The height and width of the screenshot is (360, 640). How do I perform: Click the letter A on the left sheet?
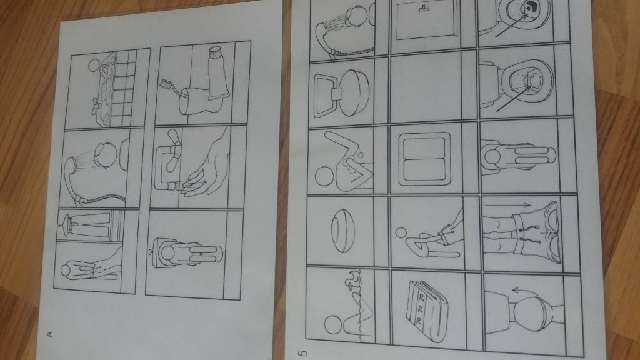(x=50, y=334)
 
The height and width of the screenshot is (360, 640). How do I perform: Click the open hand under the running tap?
(x=207, y=167)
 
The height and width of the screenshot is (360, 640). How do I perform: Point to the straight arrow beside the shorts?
(x=508, y=205)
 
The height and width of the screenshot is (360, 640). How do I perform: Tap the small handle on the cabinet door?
(x=425, y=7)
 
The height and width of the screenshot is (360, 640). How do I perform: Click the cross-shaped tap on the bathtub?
(x=95, y=107)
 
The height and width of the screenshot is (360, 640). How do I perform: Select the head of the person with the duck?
(x=334, y=325)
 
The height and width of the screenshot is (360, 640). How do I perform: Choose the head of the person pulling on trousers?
(x=401, y=233)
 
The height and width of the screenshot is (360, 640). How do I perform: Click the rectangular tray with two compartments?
(x=424, y=159)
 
